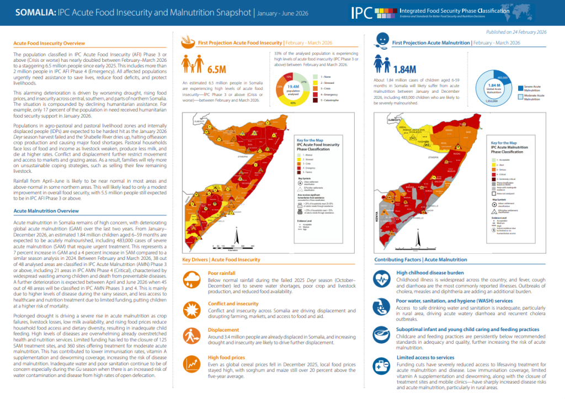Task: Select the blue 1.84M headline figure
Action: pyautogui.click(x=405, y=69)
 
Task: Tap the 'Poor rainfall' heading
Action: pyautogui.click(x=221, y=273)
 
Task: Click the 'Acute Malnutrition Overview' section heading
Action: pyautogui.click(x=46, y=211)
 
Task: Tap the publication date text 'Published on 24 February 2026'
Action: pyautogui.click(x=516, y=33)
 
